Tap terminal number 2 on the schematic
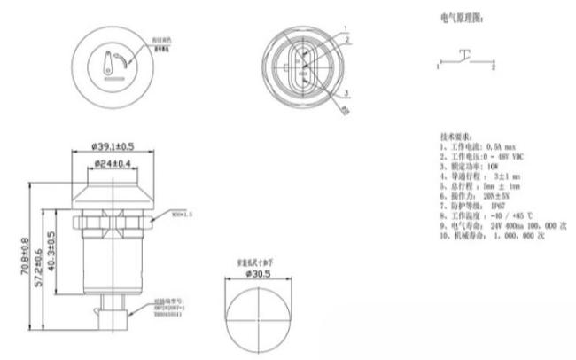click(x=494, y=67)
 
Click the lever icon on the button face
click(x=110, y=63)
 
